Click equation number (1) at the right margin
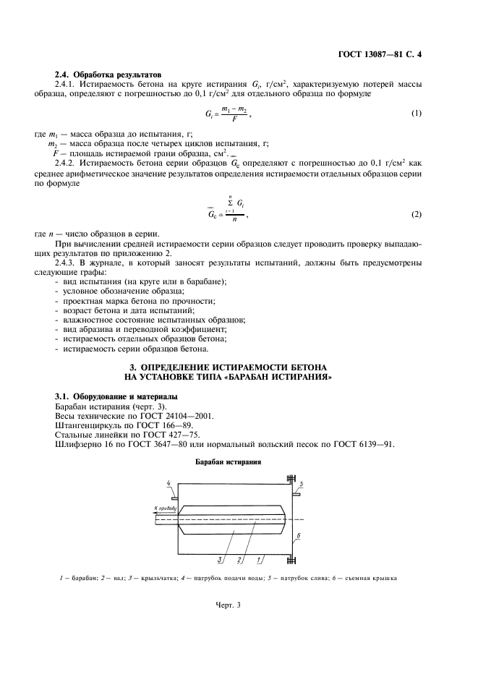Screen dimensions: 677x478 point(417,114)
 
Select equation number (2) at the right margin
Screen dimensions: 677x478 point(417,215)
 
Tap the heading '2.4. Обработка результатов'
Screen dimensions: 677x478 point(108,75)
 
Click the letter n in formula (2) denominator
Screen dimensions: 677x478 point(234,222)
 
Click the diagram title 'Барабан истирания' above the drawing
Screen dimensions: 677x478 point(227,461)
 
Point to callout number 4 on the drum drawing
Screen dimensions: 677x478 point(168,483)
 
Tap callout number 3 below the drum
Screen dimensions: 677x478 point(219,558)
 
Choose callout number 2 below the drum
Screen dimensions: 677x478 point(240,558)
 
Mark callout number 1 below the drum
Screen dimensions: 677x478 point(260,558)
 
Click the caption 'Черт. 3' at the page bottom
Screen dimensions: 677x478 point(227,606)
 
